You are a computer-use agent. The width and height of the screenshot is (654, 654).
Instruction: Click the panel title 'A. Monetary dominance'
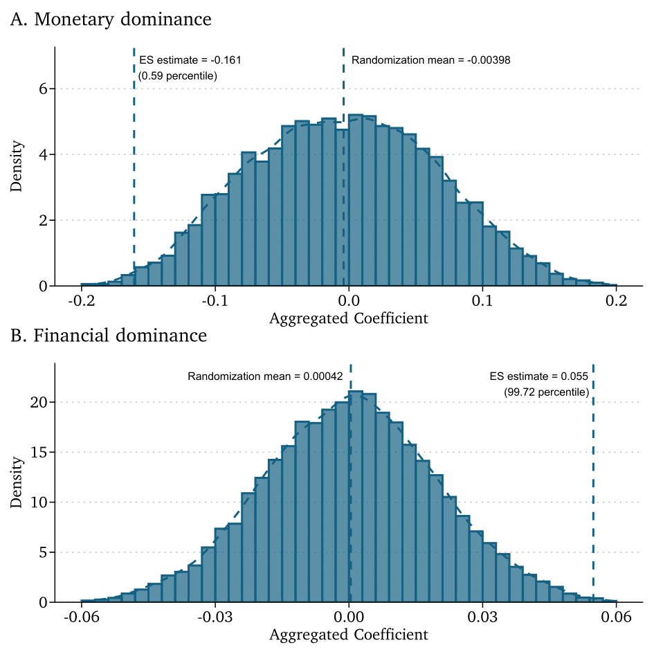point(111,19)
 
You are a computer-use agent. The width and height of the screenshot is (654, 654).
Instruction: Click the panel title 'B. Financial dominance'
point(109,336)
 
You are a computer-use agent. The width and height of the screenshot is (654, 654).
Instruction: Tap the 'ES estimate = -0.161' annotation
point(190,60)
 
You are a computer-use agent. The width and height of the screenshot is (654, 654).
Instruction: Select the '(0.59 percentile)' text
point(178,75)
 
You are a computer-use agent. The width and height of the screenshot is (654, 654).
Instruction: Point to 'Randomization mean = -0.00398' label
point(430,60)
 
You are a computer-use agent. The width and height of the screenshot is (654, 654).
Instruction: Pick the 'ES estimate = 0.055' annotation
point(538,376)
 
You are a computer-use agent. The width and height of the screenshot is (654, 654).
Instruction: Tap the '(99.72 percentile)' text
point(547,392)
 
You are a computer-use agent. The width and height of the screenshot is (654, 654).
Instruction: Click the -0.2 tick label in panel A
point(82,302)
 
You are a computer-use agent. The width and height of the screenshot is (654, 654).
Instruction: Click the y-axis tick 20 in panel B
point(38,403)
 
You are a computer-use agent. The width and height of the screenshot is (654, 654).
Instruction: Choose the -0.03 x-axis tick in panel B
point(215,618)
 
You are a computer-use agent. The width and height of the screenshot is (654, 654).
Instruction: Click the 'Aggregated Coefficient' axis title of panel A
point(348,319)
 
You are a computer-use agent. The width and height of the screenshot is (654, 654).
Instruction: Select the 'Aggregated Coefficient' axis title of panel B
point(348,635)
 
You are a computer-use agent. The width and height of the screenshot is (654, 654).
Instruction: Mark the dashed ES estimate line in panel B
point(593,484)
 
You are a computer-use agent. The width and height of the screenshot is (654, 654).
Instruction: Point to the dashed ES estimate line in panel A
point(134,173)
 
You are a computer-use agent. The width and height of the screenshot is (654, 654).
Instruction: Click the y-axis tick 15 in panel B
point(38,453)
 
